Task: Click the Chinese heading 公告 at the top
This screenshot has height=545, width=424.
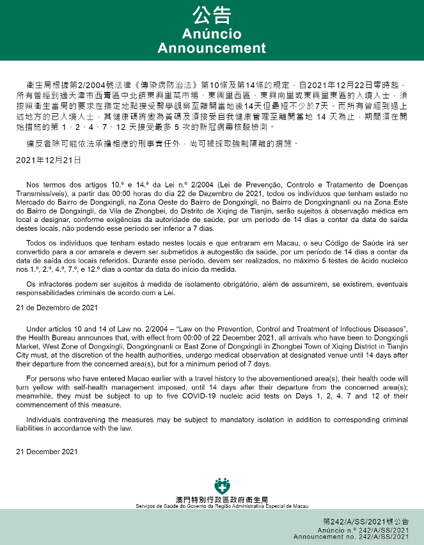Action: (212, 15)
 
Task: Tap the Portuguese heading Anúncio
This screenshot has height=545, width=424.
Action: (212, 33)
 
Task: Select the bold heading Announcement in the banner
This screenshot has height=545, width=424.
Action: (212, 48)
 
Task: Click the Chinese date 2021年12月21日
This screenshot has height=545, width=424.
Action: (49, 159)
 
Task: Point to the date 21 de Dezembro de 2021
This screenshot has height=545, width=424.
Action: (57, 308)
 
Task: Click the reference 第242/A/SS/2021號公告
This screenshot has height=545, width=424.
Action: (366, 522)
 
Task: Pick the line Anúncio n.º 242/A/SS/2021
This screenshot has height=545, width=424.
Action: (364, 530)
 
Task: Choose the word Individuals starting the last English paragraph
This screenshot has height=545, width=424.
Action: (46, 419)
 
